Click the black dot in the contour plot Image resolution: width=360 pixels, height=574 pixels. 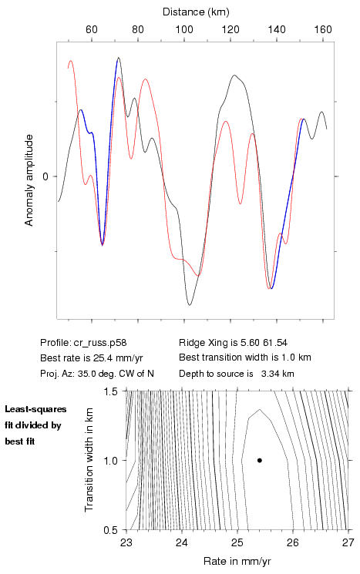(x=259, y=460)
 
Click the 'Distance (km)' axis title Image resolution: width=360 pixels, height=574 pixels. (x=196, y=12)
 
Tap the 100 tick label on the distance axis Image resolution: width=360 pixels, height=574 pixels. (x=184, y=29)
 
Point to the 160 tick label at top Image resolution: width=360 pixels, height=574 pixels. (x=323, y=29)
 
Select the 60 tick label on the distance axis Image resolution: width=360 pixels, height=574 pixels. (x=92, y=29)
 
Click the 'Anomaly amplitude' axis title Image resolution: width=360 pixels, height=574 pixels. (x=29, y=180)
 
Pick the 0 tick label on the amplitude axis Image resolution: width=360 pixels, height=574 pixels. (x=45, y=176)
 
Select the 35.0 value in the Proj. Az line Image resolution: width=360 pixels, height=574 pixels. (x=86, y=374)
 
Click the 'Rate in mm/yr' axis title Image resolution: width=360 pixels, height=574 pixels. (x=237, y=561)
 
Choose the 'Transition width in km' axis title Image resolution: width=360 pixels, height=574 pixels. (x=89, y=460)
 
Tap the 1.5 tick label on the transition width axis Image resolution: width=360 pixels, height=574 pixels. (x=110, y=391)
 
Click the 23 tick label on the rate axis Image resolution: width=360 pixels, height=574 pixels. (x=126, y=542)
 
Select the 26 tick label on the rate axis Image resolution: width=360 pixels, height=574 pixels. (x=293, y=542)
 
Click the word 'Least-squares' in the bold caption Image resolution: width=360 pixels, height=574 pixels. (x=36, y=409)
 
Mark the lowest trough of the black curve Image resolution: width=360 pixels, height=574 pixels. (x=190, y=304)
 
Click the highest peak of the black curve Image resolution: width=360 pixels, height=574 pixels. (x=118, y=58)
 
